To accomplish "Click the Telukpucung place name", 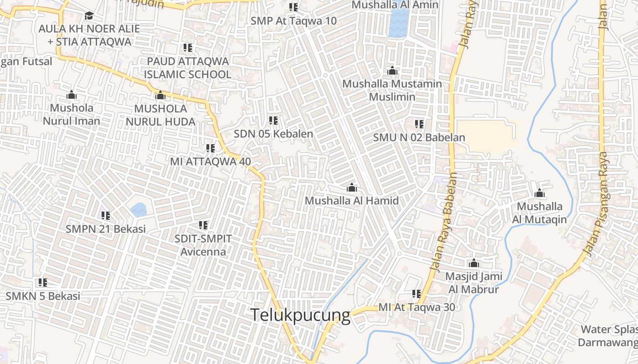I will coord(301,315).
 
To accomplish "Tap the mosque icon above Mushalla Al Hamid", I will coord(351,187).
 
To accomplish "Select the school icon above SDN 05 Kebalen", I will coord(273,121).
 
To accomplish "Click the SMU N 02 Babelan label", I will coord(419,137).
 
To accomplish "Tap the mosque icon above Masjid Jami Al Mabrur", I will coord(474,263).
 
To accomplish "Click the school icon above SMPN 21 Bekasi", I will coord(106,215).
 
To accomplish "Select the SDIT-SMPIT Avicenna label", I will coord(203,245).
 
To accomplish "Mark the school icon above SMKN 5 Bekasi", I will coord(43,283).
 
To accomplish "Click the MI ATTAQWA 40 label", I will coord(210,161).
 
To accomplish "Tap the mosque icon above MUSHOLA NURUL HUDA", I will coord(160,96).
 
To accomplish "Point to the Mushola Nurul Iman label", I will coord(72,115).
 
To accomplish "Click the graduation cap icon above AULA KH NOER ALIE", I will coord(89,16).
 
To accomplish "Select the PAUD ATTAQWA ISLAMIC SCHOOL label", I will coord(187,68).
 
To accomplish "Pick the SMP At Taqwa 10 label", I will coord(293,21).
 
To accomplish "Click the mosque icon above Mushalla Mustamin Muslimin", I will coord(392,71).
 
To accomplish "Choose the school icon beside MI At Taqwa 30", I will coord(416,294).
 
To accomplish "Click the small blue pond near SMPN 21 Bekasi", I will coord(139,210).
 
